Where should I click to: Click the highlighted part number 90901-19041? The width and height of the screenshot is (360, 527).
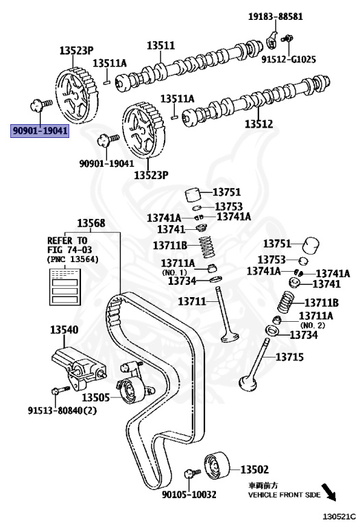click(x=40, y=130)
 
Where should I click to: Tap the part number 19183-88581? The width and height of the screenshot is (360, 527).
click(x=276, y=16)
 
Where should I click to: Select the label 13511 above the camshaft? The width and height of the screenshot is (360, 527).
click(x=161, y=45)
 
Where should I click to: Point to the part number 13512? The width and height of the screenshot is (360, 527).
click(x=259, y=124)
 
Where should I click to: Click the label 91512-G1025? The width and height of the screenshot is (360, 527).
click(x=289, y=60)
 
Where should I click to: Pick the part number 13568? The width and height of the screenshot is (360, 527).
click(x=91, y=223)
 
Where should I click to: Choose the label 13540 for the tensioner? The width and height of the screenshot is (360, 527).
click(x=64, y=329)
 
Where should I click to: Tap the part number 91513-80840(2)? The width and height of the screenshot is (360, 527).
click(x=62, y=410)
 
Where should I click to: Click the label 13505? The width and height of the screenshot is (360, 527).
click(x=96, y=397)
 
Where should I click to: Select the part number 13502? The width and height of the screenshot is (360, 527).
click(x=254, y=469)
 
